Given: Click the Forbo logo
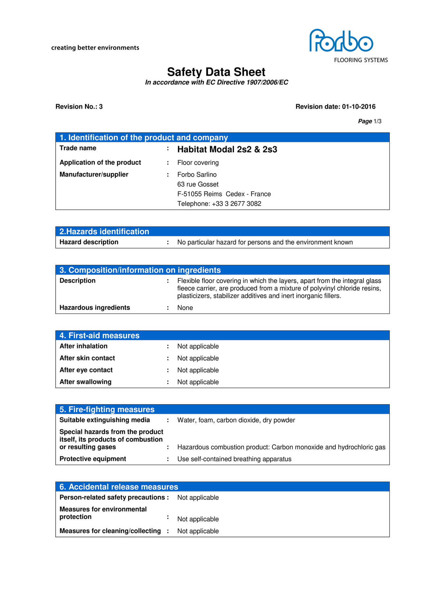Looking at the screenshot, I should [x=341, y=41].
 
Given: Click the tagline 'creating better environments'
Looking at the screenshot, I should [x=95, y=48].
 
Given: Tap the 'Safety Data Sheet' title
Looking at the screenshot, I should [x=216, y=72].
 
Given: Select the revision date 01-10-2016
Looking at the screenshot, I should [x=358, y=107].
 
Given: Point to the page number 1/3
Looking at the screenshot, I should [x=377, y=122].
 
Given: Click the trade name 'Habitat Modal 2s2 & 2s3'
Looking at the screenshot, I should [x=227, y=150].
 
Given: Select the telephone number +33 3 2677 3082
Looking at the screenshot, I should [x=236, y=204].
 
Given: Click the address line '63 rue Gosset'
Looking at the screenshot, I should [x=198, y=184].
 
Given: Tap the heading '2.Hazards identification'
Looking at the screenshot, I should [x=104, y=231].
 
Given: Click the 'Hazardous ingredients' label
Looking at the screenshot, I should [x=95, y=307].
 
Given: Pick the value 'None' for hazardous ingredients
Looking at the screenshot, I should [x=185, y=308].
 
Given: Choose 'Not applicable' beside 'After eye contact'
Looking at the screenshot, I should [x=198, y=370].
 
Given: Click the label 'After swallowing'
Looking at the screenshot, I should [x=85, y=382].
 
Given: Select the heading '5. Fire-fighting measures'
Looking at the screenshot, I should [x=107, y=409].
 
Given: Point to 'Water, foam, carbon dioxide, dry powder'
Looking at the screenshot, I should [x=236, y=420].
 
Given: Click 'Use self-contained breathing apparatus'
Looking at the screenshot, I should [x=234, y=459].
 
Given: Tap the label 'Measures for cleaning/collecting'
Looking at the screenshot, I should [x=110, y=531].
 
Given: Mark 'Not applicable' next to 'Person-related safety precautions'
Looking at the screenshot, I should [x=198, y=497].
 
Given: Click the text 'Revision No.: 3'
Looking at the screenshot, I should [x=79, y=107].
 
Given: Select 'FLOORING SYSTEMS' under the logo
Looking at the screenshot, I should [x=361, y=60].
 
